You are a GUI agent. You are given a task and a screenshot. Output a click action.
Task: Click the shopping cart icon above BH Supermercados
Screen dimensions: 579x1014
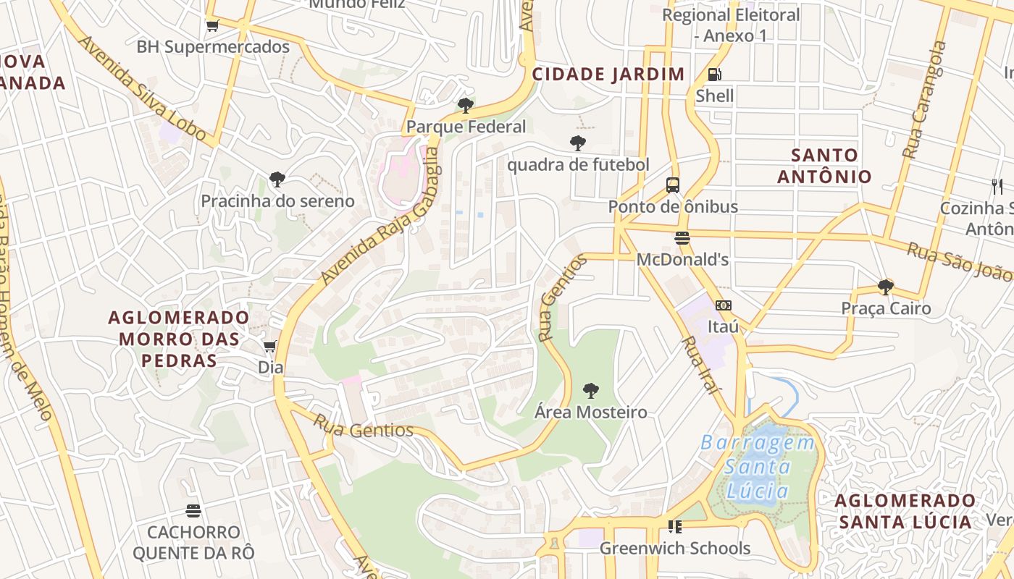212,26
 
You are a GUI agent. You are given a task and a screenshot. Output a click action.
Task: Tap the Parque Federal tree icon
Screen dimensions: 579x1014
466,106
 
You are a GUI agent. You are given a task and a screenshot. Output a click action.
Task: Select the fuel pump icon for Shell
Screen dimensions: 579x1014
714,75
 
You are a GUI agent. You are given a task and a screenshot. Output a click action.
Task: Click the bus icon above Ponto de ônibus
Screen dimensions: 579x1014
673,185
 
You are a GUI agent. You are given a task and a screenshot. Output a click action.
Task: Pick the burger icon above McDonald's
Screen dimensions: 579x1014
682,238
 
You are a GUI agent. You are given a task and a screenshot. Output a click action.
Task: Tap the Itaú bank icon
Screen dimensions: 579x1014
723,306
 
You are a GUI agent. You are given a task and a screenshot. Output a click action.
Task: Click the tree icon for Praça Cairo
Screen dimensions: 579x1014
885,287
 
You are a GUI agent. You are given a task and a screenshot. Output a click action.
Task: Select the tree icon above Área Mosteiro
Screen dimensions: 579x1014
591,391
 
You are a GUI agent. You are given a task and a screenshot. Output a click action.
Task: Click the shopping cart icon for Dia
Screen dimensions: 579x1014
270,347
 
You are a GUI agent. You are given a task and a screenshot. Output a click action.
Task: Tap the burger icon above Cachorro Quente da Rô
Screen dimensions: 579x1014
193,511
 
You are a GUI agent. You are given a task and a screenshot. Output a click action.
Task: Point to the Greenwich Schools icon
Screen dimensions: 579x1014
674,527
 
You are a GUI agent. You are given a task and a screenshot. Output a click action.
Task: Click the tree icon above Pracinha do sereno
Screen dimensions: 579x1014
277,179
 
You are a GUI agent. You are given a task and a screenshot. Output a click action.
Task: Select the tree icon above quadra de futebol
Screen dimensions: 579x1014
577,143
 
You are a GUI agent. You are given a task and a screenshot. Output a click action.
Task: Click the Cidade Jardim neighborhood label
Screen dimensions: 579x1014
608,74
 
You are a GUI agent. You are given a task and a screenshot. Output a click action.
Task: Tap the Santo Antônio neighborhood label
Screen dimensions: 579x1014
824,166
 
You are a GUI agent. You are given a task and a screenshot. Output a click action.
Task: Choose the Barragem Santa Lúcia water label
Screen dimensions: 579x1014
758,467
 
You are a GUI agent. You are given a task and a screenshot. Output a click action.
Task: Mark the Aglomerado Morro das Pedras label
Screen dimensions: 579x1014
178,339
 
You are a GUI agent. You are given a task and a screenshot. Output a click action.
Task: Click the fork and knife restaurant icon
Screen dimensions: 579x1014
997,187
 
